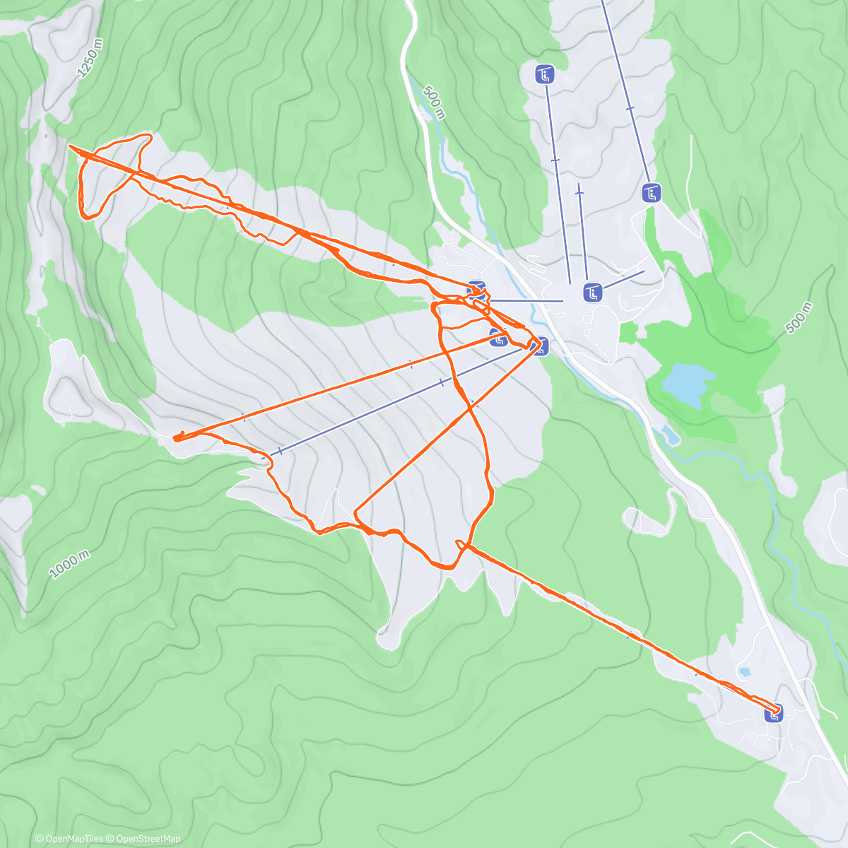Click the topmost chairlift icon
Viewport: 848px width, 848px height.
tap(544, 73)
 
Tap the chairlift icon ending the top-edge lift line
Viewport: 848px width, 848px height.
tap(652, 192)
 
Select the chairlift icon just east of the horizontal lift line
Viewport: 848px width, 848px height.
tap(592, 292)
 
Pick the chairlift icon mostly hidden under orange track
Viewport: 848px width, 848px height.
tap(477, 290)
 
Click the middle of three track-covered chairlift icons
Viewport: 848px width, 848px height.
tap(499, 338)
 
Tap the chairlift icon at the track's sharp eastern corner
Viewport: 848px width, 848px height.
tap(540, 346)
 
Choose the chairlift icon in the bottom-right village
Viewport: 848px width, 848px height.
tap(774, 714)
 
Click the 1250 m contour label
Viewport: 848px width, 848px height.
tap(90, 57)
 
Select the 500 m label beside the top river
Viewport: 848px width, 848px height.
tap(434, 102)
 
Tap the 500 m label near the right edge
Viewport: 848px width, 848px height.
tap(799, 318)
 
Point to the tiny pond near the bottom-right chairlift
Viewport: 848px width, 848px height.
tap(743, 671)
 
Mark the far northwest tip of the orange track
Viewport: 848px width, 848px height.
tap(70, 146)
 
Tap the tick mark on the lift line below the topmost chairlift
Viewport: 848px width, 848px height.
tap(555, 161)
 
